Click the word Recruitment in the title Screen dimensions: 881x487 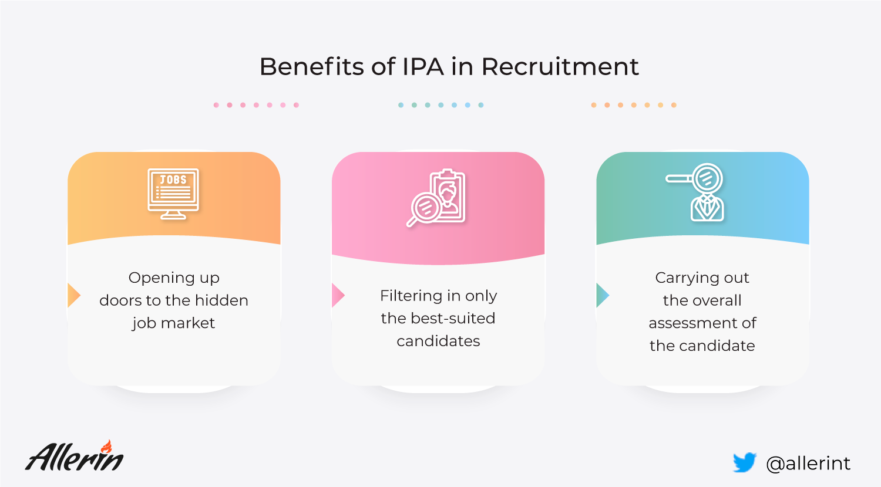pos(560,66)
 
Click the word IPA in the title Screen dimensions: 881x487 pos(423,66)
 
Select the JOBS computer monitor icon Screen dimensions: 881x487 pos(173,194)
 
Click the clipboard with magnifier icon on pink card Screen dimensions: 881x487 pos(436,198)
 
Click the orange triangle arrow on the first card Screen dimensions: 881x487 pos(74,295)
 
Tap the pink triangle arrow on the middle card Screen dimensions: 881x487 pos(338,295)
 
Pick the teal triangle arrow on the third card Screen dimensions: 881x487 pos(603,295)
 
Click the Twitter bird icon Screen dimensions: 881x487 pos(745,462)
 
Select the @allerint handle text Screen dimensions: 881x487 pos(808,464)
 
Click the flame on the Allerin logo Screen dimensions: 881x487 pos(106,447)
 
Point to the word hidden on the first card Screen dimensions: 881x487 pos(222,300)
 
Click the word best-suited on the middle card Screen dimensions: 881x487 pos(453,318)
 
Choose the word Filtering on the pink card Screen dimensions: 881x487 pos(406,296)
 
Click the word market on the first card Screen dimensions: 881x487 pos(187,323)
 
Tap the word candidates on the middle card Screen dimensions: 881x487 pos(438,341)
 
